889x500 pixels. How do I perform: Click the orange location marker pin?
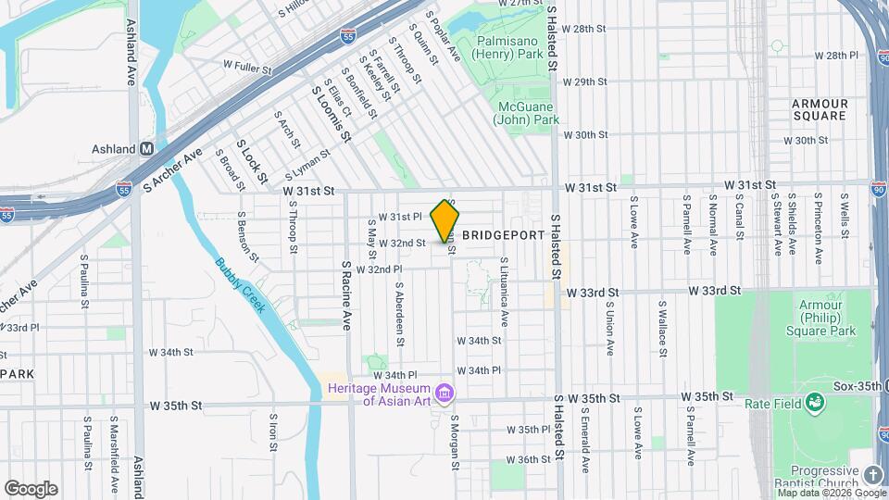coord(445,220)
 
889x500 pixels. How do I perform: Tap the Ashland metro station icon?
coord(146,148)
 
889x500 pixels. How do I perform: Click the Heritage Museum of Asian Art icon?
coord(445,394)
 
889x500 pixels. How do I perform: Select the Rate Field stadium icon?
coord(814,401)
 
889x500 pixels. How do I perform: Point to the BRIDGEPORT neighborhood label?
coord(503,235)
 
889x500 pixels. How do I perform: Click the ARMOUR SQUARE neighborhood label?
coord(820,109)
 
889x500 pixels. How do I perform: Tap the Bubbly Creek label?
coord(241,285)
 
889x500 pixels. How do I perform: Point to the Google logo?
coord(31,489)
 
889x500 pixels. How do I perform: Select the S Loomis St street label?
coord(332,114)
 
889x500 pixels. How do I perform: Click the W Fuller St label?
coord(247,68)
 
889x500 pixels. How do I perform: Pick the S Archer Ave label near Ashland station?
coord(173,168)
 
